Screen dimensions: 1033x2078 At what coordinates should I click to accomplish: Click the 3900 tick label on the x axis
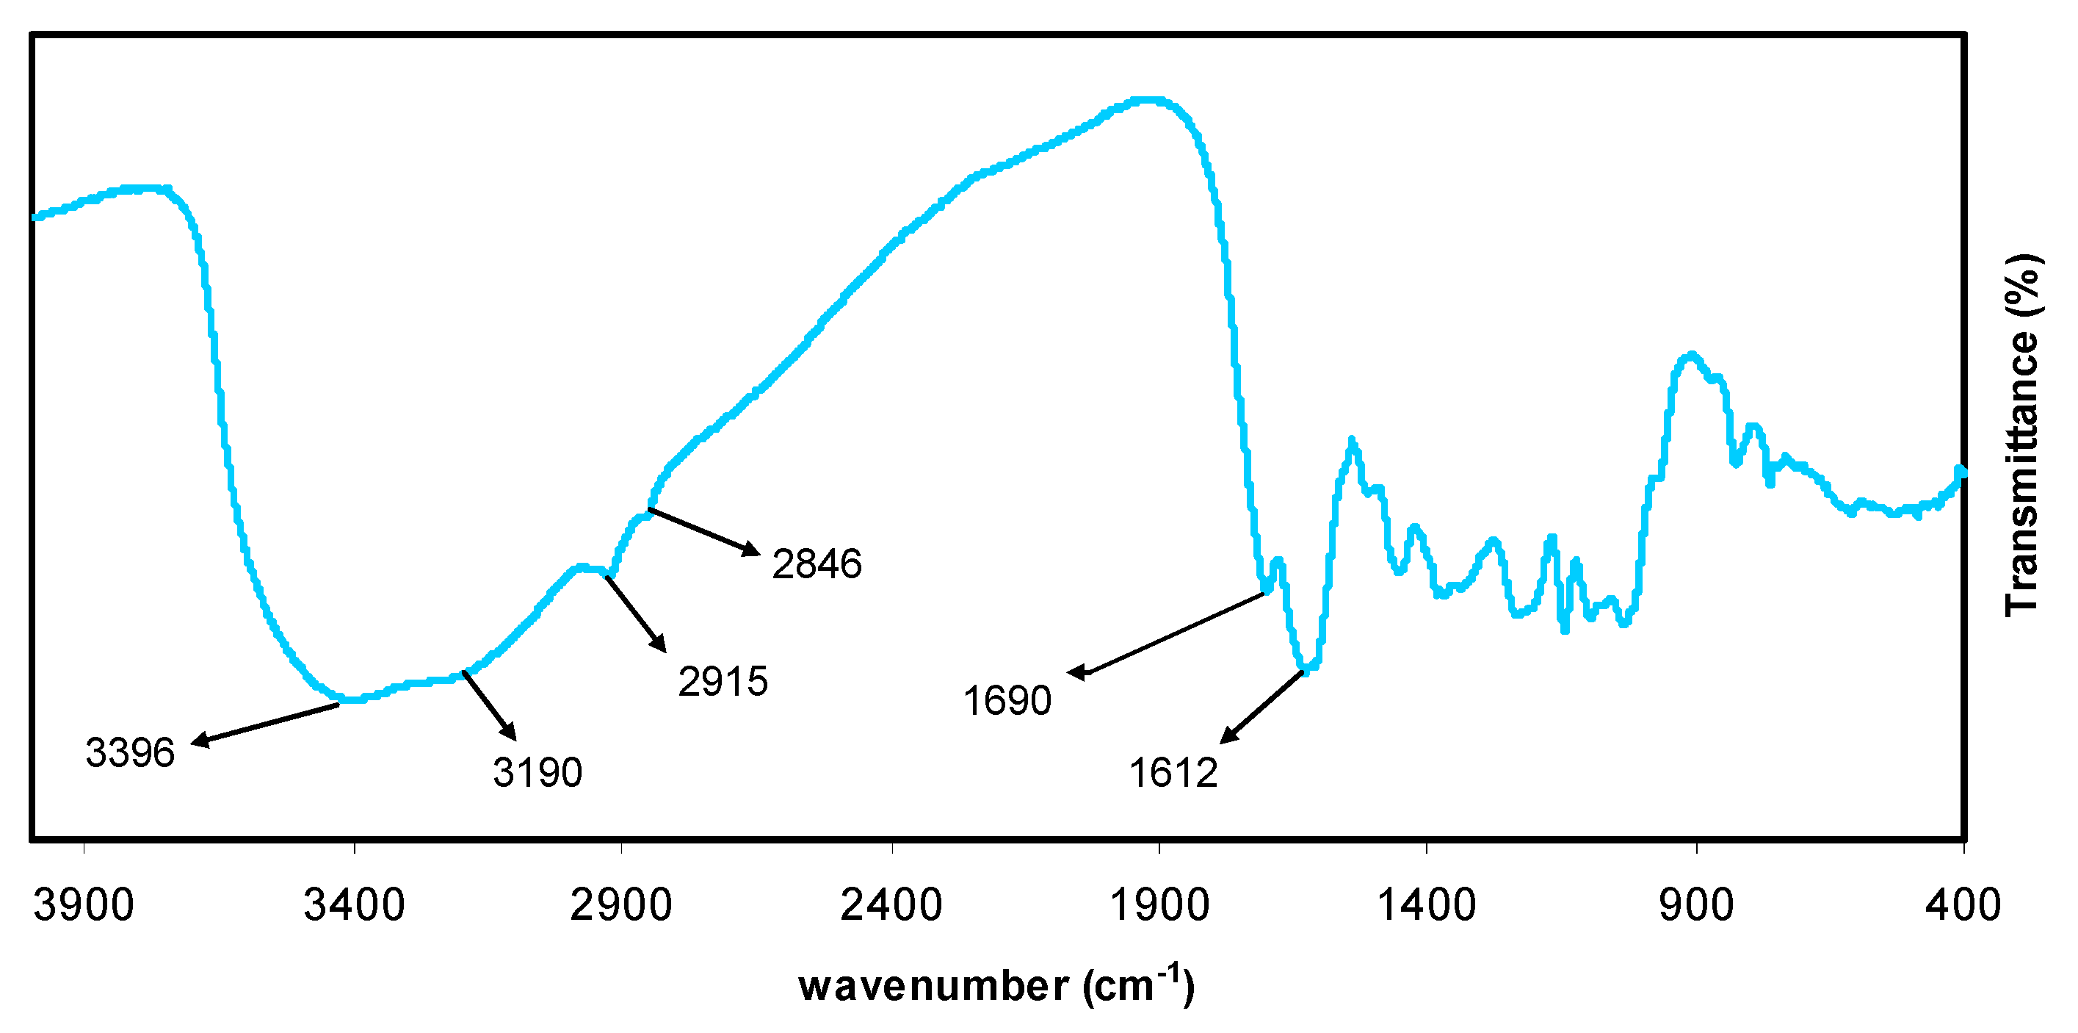[83, 904]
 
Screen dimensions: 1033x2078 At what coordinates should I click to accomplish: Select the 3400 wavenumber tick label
[354, 904]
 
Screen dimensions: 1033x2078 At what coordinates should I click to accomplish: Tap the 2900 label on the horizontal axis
[621, 904]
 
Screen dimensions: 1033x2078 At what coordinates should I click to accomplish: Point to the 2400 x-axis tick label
[891, 904]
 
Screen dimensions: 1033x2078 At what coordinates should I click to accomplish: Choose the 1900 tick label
[1159, 904]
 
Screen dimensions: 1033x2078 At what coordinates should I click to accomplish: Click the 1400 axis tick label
[1426, 904]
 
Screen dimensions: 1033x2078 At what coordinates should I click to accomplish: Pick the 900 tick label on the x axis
[1696, 904]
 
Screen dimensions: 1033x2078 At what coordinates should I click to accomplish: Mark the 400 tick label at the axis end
[1963, 904]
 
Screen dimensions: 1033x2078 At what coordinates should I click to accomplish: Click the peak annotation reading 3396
[130, 753]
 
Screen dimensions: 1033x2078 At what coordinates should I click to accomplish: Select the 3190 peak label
[537, 772]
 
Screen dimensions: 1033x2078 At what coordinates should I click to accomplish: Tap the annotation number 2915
[723, 682]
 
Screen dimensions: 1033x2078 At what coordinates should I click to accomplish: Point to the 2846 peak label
[817, 564]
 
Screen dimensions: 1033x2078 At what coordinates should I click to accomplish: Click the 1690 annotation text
[1007, 700]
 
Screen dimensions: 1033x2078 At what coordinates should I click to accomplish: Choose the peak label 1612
[1173, 773]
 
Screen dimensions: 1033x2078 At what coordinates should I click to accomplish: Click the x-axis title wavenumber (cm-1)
[996, 985]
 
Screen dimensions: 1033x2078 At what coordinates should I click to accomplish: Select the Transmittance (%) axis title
[2022, 436]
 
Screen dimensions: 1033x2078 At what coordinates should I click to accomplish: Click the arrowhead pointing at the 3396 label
[198, 741]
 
